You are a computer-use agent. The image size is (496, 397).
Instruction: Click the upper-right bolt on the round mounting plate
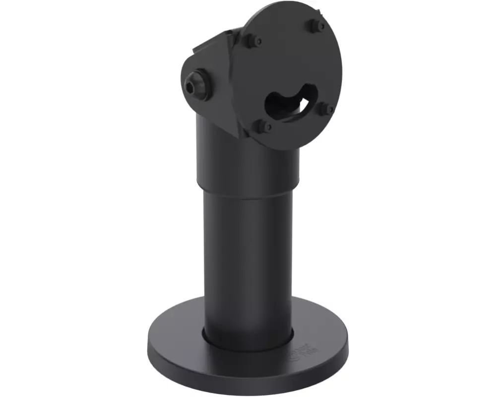315,25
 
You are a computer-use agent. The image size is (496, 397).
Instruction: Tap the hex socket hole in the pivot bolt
190,86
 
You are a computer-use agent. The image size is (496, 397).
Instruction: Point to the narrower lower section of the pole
248,258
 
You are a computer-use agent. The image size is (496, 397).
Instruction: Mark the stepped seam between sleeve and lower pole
248,192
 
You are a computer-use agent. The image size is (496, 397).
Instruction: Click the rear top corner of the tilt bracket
196,47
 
